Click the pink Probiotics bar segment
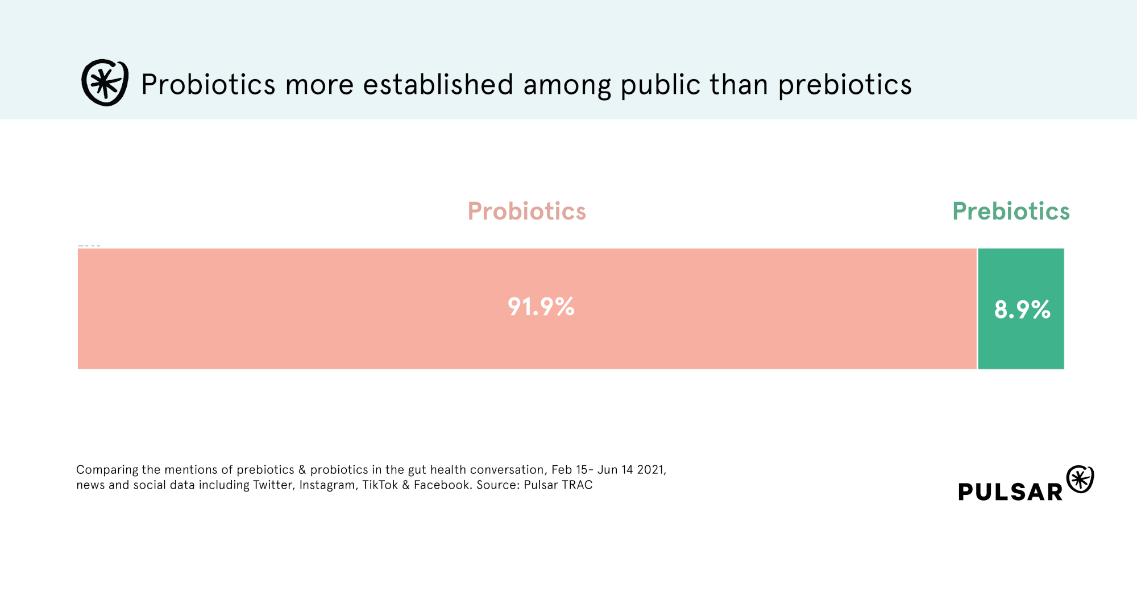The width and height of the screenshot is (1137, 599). coord(527,308)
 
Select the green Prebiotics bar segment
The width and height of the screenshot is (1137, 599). coord(1021,308)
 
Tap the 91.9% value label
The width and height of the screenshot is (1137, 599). coord(541,307)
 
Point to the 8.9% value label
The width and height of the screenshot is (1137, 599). coord(1022,310)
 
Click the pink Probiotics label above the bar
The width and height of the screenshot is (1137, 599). coord(526,211)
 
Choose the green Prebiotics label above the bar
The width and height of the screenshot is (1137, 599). coord(1011,211)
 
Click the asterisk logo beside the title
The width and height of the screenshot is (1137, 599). coord(105,82)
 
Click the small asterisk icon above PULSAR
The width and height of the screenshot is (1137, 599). coord(1080,479)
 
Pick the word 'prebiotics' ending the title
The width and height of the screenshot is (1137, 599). coord(845,85)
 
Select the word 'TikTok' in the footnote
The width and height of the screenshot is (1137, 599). coord(380,485)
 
